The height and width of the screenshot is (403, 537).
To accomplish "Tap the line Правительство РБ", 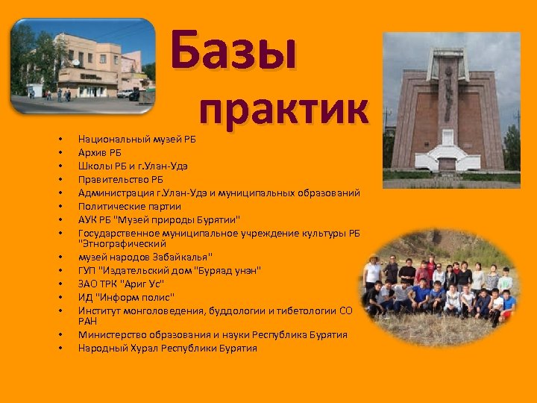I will [x=120, y=179].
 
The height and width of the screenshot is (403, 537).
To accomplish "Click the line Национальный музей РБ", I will [x=136, y=139].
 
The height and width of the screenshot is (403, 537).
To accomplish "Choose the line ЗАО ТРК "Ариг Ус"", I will [x=121, y=284].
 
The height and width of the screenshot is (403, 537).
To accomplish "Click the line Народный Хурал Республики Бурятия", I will [x=167, y=348].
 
